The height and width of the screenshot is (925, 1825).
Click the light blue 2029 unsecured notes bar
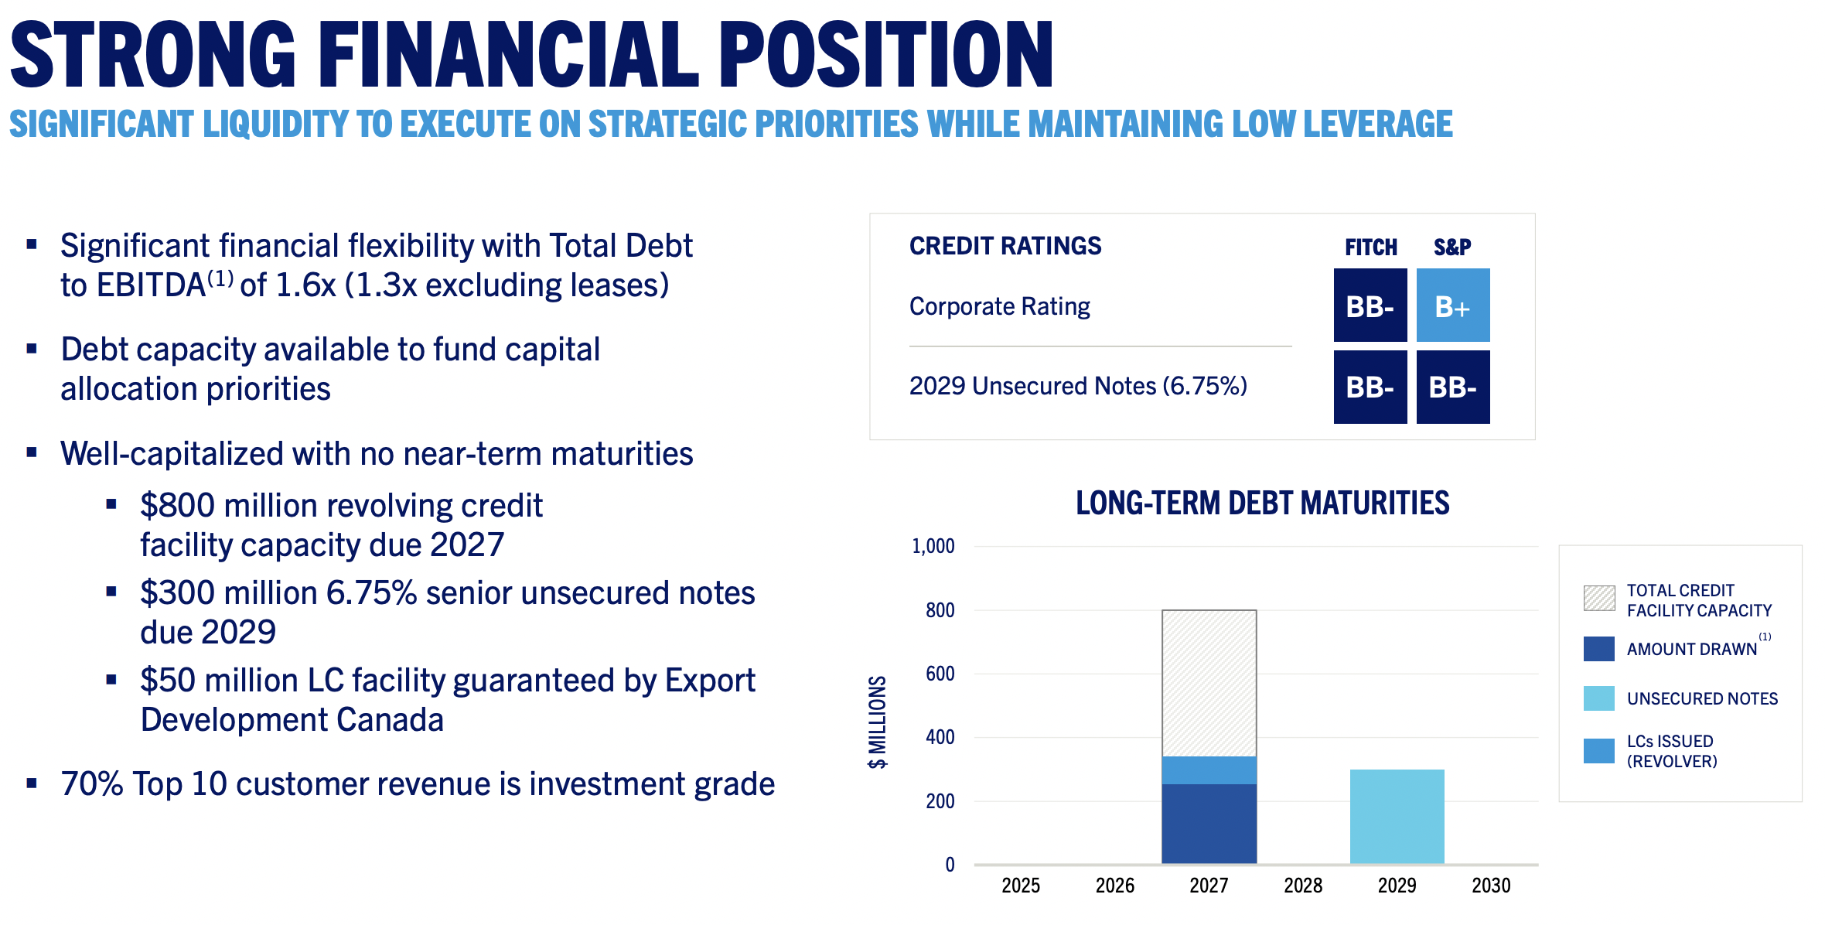tap(1397, 816)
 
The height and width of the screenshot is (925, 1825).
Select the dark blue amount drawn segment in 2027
tap(1209, 824)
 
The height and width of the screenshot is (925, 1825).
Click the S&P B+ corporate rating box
tap(1452, 305)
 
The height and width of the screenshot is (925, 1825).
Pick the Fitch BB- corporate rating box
tap(1370, 305)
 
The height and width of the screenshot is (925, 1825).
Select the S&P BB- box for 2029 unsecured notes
tap(1452, 387)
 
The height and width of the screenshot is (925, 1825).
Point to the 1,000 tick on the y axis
tap(933, 546)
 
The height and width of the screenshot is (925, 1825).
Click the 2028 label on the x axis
tap(1303, 885)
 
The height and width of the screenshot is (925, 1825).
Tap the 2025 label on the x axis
tap(1021, 885)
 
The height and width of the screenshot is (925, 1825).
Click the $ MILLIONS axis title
tap(877, 722)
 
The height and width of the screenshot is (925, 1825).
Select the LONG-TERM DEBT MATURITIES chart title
tap(1262, 503)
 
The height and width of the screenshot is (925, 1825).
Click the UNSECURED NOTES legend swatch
tap(1598, 698)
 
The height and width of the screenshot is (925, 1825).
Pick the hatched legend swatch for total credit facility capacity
tap(1598, 598)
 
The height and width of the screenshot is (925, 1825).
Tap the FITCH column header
tap(1370, 247)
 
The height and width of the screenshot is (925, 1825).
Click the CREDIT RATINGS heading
tap(1005, 246)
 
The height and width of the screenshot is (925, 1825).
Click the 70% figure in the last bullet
tap(92, 784)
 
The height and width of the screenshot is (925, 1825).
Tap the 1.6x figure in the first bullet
tap(305, 285)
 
